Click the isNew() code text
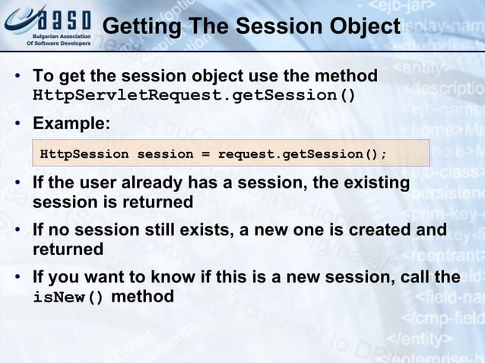pyautogui.click(x=68, y=297)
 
